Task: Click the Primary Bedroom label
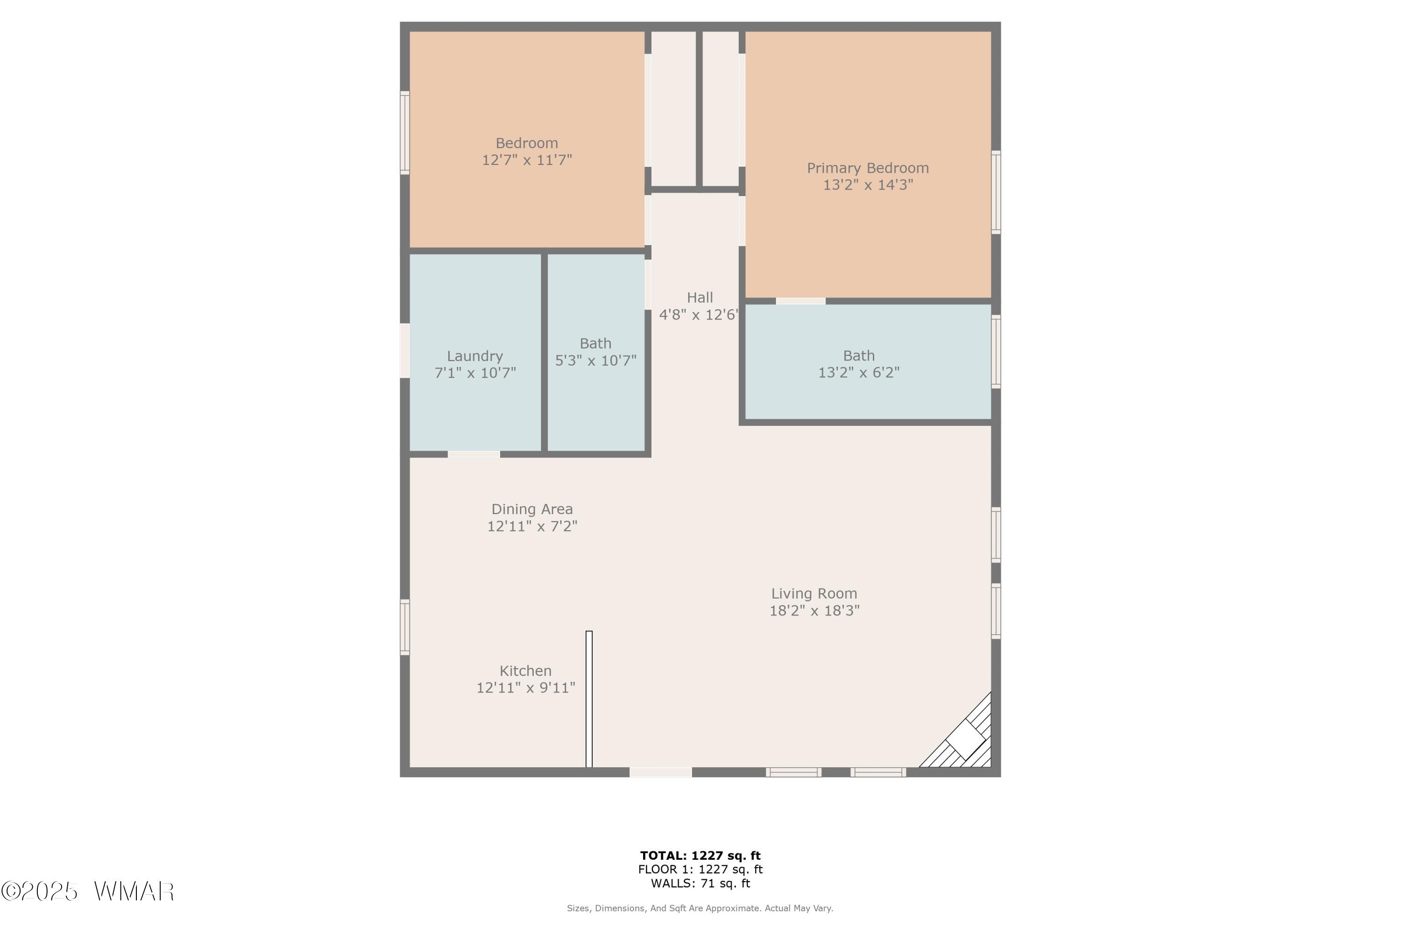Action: pyautogui.click(x=868, y=169)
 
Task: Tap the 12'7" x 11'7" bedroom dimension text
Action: pyautogui.click(x=527, y=160)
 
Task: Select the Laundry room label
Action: pyautogui.click(x=475, y=356)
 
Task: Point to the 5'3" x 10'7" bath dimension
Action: pyautogui.click(x=596, y=361)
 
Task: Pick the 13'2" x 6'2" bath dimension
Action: pyautogui.click(x=859, y=372)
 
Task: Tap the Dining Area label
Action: pyautogui.click(x=532, y=509)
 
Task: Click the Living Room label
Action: pyautogui.click(x=814, y=594)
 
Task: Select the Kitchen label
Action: pyautogui.click(x=525, y=671)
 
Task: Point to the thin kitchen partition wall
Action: pyautogui.click(x=589, y=699)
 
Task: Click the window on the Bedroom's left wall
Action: pyautogui.click(x=404, y=133)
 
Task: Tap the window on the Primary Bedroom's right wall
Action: pyautogui.click(x=996, y=192)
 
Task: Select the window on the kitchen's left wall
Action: pyautogui.click(x=404, y=627)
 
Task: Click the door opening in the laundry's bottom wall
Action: pyautogui.click(x=474, y=454)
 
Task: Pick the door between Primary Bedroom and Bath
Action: pyautogui.click(x=800, y=301)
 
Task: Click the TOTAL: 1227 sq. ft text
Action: pyautogui.click(x=700, y=856)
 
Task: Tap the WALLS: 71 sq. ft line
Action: pyautogui.click(x=700, y=884)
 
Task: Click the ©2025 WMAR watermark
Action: pyautogui.click(x=88, y=891)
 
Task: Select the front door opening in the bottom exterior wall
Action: pyautogui.click(x=661, y=772)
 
